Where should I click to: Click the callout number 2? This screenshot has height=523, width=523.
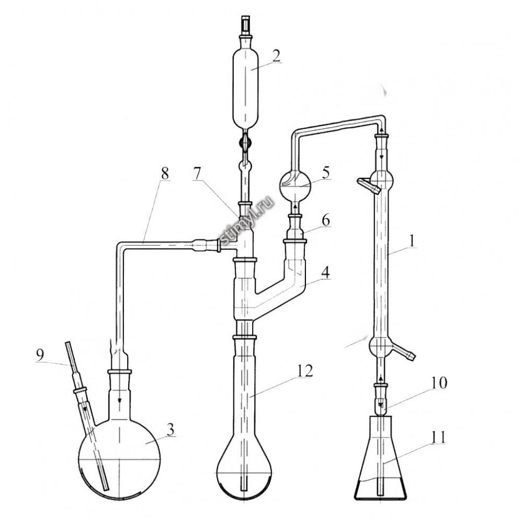[x=276, y=56]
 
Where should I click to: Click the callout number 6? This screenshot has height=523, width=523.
[x=326, y=221]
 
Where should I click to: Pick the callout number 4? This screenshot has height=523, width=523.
[x=325, y=272]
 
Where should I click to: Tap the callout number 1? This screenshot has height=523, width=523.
[x=413, y=241]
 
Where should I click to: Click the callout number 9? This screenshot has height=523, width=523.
[x=40, y=356]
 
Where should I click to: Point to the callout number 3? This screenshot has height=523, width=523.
[x=170, y=430]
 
